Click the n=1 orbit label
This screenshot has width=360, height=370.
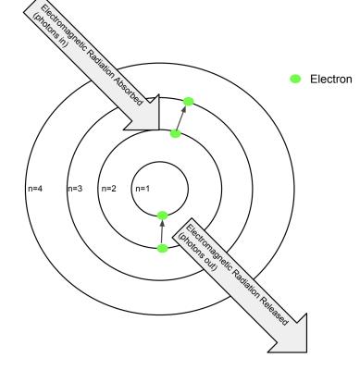(143, 189)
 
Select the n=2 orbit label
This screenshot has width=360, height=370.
(109, 189)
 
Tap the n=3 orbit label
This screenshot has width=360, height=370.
(75, 189)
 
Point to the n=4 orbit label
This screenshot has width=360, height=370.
(35, 189)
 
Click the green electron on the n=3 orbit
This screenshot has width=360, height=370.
(188, 102)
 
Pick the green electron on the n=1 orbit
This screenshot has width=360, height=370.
(163, 216)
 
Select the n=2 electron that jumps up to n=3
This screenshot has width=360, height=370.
(175, 134)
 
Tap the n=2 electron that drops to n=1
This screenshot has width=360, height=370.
(163, 248)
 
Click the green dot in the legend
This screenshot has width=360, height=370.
(295, 80)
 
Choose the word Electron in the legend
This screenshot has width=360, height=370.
(331, 80)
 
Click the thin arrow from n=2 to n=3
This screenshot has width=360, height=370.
(181, 118)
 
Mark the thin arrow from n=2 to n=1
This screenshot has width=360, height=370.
(162, 232)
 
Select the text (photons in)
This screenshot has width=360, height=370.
(51, 31)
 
